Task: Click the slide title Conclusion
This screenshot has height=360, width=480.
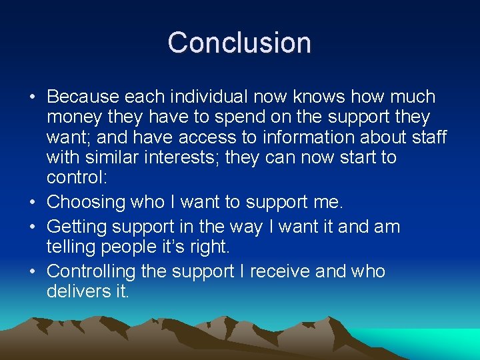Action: pyautogui.click(x=239, y=43)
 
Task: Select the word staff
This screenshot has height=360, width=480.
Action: pyautogui.click(x=427, y=137)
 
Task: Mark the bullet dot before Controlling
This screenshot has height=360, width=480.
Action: pyautogui.click(x=33, y=272)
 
